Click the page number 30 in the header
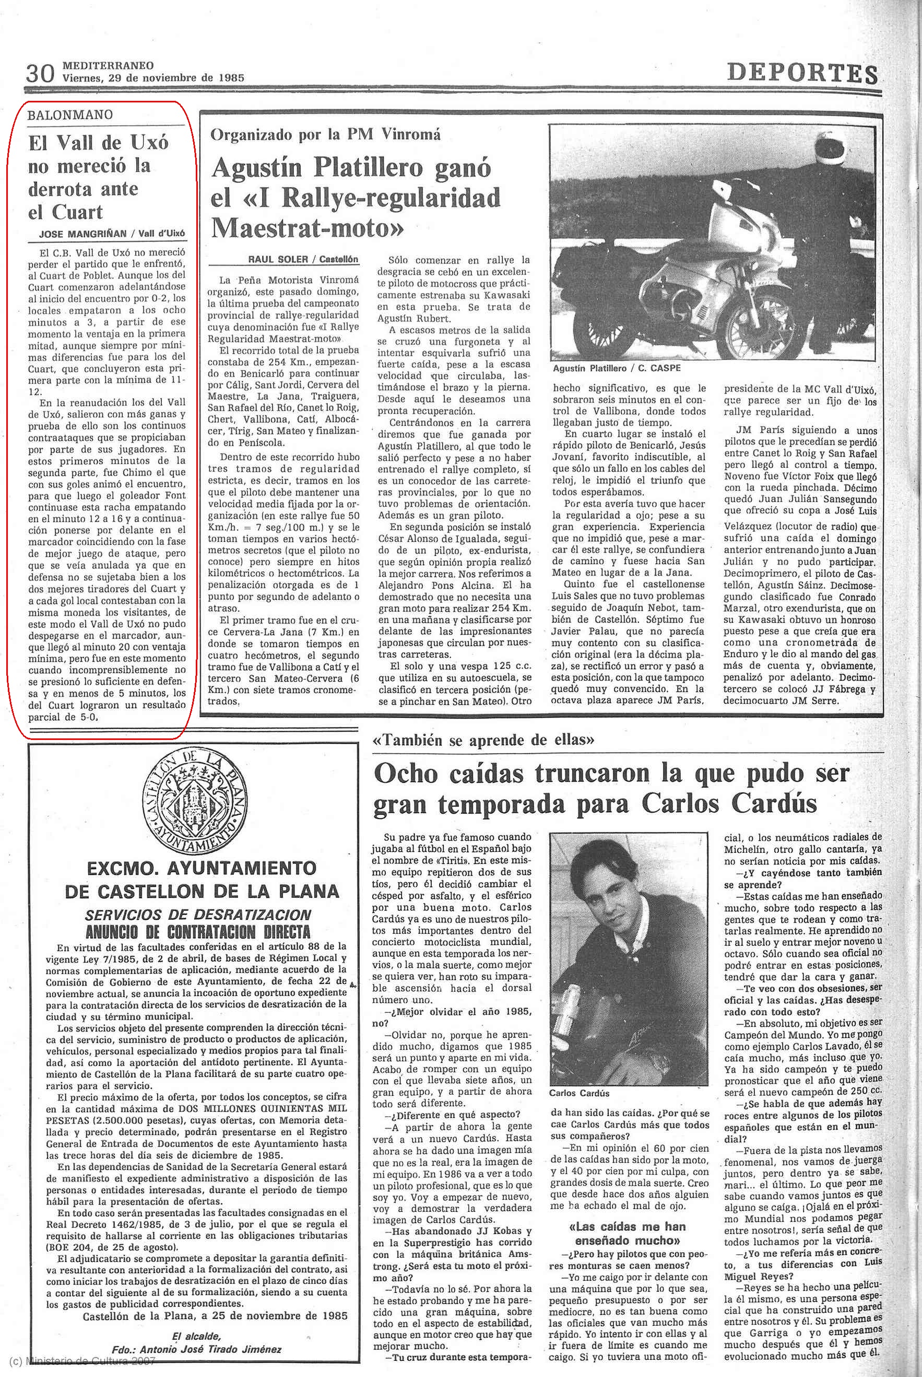click(40, 73)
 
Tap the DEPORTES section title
click(802, 74)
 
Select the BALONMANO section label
click(70, 115)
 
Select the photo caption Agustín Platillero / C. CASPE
click(616, 368)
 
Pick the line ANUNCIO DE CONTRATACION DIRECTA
click(197, 932)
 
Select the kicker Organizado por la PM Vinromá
click(325, 134)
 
